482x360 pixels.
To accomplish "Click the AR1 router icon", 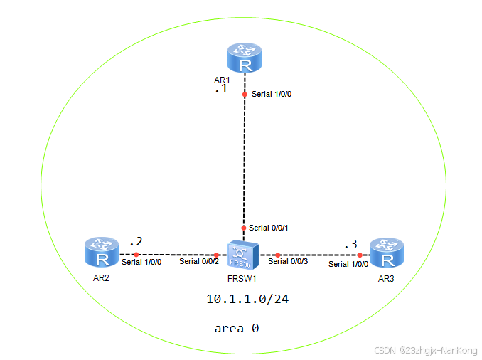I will coord(245,58).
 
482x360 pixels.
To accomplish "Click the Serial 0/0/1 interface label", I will coord(274,228).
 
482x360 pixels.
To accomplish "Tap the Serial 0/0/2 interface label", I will coord(200,262).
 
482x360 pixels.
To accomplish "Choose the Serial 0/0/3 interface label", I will coord(289,262).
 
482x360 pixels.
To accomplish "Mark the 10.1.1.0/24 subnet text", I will coord(247,300).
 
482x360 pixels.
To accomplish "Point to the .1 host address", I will coord(220,91).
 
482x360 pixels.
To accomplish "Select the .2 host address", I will coord(135,242).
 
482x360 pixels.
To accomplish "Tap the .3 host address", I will coord(350,245).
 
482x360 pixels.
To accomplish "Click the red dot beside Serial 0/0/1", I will coord(244,228).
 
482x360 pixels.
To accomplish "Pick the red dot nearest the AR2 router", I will coord(135,254).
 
